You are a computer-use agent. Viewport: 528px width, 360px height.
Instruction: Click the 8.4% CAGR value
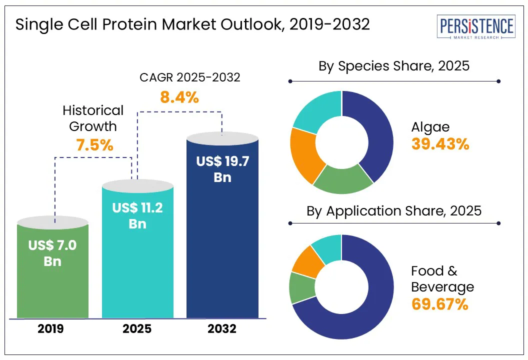pos(179,97)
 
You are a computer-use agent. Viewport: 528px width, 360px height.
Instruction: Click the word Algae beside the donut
pos(430,127)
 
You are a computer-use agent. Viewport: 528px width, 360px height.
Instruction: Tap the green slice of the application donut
pos(302,287)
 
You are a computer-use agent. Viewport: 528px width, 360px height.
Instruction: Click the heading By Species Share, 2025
pos(394,65)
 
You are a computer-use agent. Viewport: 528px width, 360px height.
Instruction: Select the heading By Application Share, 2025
pos(394,210)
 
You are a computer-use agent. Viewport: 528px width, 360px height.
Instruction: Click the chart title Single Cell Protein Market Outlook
pos(192,25)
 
